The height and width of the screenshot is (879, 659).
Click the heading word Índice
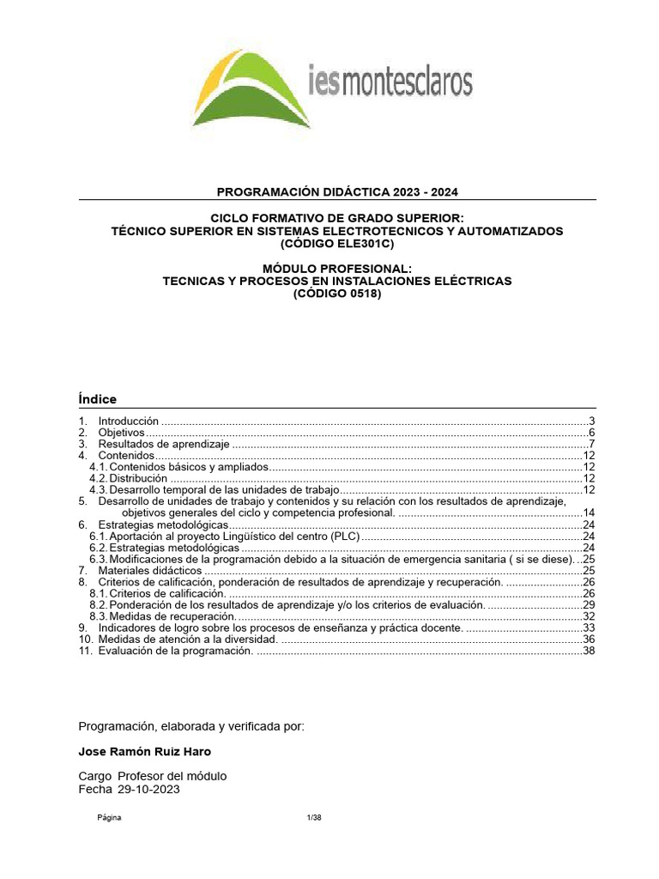[97, 399]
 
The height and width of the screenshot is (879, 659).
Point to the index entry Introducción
[129, 421]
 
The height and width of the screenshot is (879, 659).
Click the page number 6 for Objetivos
[591, 433]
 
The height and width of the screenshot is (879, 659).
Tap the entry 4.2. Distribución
[129, 478]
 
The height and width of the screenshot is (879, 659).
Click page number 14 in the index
[589, 512]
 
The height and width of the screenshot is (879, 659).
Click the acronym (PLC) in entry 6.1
[344, 536]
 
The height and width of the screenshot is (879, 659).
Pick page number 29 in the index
[589, 605]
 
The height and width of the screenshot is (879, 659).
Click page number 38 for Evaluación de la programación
[589, 651]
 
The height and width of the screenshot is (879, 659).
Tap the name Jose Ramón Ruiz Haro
[144, 751]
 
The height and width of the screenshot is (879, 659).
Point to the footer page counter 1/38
[313, 817]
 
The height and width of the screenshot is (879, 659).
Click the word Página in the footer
[108, 817]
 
